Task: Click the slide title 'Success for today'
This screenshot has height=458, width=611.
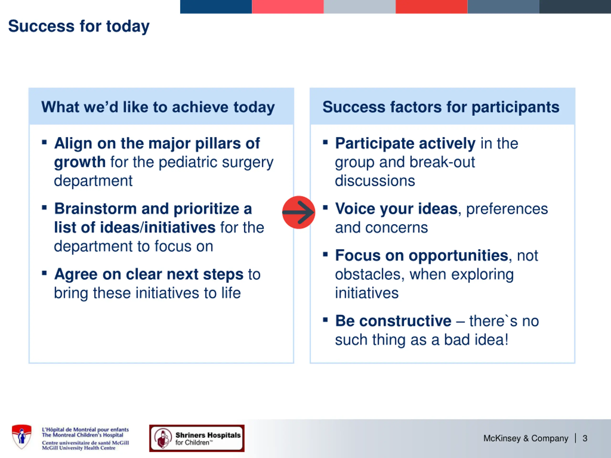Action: [x=79, y=26]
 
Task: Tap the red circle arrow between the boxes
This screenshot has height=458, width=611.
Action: [x=299, y=212]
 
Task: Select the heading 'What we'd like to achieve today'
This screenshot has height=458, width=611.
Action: [x=158, y=107]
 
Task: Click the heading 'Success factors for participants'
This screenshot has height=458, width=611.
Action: [x=441, y=107]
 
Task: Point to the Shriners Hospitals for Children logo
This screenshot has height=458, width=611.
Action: [x=197, y=438]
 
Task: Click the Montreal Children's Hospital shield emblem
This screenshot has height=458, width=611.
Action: [x=21, y=437]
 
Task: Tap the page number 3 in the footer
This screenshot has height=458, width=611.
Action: [x=585, y=438]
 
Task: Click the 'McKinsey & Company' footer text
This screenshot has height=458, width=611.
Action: [x=526, y=438]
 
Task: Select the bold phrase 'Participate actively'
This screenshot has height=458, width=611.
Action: [x=405, y=144]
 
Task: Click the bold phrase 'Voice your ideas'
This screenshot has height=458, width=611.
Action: [x=396, y=209]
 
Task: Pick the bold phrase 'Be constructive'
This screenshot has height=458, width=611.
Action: [x=393, y=321]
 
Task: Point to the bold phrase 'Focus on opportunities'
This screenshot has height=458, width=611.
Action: [x=422, y=256]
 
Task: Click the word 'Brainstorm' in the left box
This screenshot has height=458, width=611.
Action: [x=95, y=209]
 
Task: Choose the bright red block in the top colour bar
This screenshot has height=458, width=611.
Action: [x=432, y=7]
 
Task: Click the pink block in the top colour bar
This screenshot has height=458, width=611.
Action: [x=288, y=7]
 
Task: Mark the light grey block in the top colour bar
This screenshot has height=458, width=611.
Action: [x=360, y=7]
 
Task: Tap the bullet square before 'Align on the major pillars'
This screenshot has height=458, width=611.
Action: [x=44, y=142]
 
